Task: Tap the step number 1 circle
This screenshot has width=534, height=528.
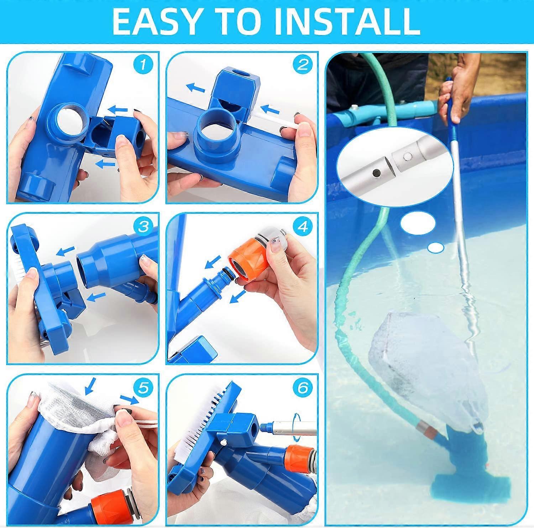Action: point(143,65)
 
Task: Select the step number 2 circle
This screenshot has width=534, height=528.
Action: point(302,65)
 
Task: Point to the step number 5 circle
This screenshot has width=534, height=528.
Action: point(143,388)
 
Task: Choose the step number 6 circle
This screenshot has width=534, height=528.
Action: point(302,388)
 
